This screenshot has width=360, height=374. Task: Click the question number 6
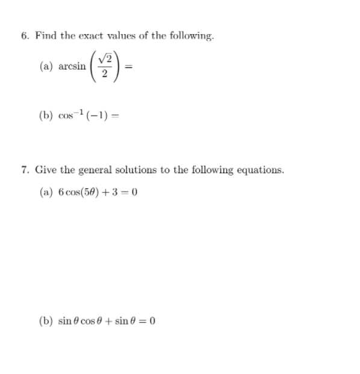[23, 36]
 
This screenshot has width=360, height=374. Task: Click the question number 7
[23, 170]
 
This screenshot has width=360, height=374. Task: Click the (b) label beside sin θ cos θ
[46, 320]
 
